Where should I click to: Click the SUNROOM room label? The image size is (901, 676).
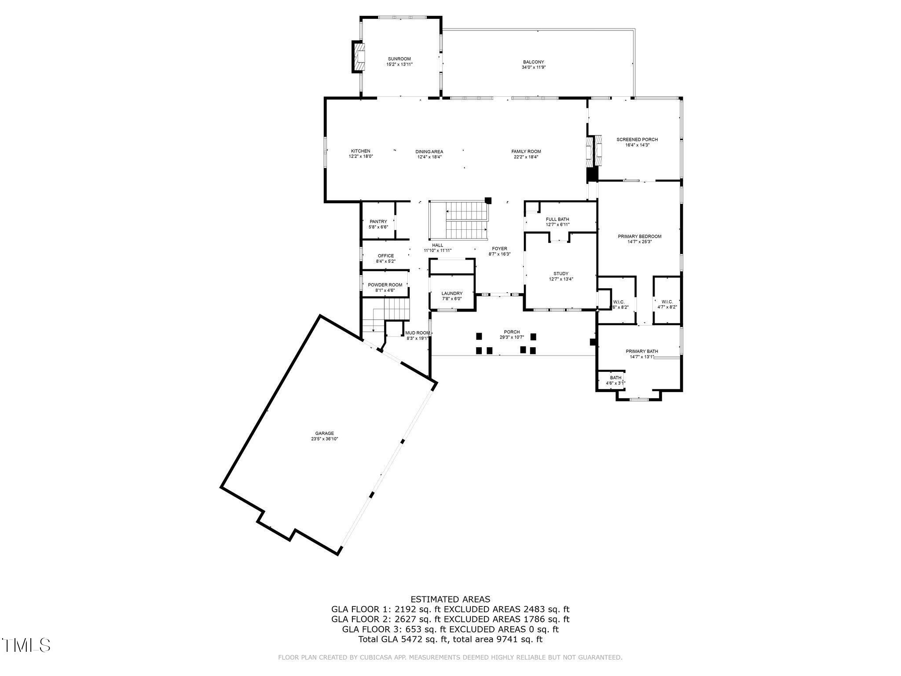(x=399, y=59)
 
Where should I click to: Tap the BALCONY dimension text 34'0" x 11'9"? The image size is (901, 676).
(x=533, y=67)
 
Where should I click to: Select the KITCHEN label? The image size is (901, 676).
(x=360, y=151)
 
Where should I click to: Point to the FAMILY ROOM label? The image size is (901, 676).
(x=526, y=151)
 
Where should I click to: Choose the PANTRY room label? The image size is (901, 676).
(x=378, y=221)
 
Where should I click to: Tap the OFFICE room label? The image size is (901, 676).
(x=385, y=256)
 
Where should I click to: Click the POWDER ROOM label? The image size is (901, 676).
(x=385, y=285)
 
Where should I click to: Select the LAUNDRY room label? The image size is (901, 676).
(x=452, y=293)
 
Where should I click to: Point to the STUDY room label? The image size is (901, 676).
(x=560, y=273)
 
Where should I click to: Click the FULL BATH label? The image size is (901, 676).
(x=557, y=219)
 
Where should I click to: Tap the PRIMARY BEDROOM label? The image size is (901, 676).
(x=639, y=236)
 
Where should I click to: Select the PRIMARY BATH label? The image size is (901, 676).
(x=641, y=351)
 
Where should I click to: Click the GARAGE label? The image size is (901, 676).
(x=324, y=433)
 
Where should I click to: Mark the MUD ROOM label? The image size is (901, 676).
(x=417, y=333)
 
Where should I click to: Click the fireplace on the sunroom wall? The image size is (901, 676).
(x=358, y=56)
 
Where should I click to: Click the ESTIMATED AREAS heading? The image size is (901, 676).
(x=450, y=599)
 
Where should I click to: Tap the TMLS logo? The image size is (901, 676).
(x=26, y=645)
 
